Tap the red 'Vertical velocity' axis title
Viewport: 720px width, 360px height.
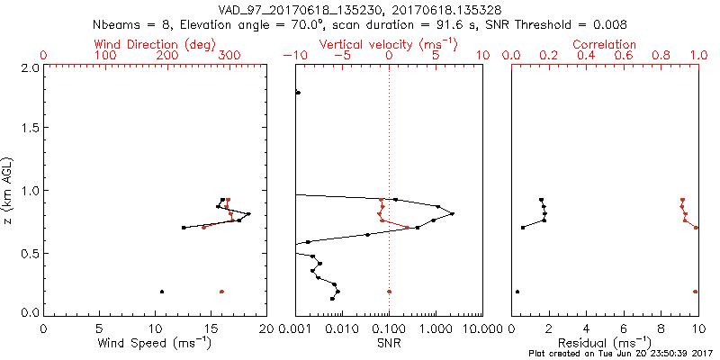(388, 44)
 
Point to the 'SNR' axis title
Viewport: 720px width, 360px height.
(389, 343)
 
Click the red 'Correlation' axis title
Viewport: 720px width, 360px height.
(605, 44)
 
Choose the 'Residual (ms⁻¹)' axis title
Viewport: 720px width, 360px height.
(605, 343)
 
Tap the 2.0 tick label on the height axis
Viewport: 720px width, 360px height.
(29, 67)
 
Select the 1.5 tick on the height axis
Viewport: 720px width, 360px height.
(29, 129)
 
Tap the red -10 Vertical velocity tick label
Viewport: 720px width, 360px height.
(290, 56)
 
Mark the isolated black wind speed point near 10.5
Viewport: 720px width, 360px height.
(162, 292)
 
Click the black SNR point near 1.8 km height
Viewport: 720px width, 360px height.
(298, 93)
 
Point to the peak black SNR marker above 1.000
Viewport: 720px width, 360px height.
(452, 213)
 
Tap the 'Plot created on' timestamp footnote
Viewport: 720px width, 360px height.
(622, 354)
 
